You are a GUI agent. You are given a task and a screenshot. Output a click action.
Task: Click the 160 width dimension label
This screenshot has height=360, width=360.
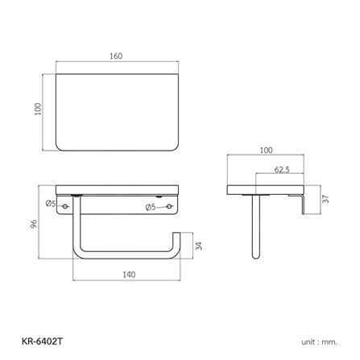click(116, 56)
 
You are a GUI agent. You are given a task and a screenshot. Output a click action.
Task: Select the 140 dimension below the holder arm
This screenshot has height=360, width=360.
click(129, 275)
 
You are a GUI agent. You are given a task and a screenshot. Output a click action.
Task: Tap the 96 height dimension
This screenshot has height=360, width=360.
click(34, 224)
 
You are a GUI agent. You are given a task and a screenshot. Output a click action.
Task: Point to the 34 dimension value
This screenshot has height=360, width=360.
click(199, 246)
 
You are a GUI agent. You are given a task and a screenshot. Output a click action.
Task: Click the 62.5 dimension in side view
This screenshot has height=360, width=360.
click(282, 170)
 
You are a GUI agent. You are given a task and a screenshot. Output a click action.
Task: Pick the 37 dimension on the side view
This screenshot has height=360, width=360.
click(325, 199)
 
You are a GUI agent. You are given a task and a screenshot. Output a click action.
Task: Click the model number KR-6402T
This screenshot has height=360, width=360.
click(42, 341)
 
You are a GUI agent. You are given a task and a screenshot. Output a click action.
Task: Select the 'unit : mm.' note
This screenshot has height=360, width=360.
click(319, 342)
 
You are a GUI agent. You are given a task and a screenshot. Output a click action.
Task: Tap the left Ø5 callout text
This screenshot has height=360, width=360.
click(51, 204)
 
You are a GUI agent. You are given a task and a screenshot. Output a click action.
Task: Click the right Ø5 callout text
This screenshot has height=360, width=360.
click(151, 207)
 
